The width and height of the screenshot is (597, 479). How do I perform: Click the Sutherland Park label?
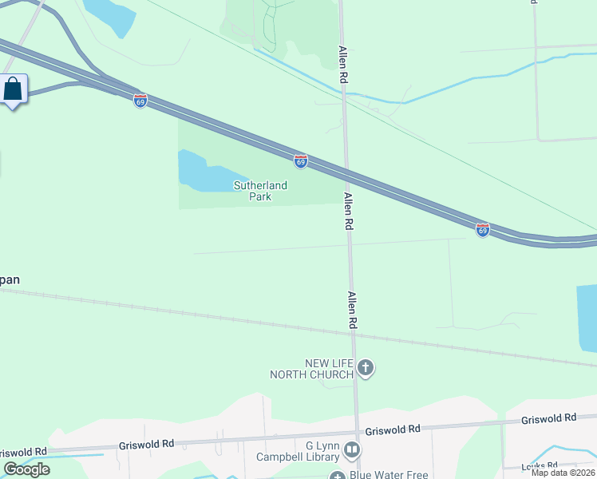pyautogui.click(x=260, y=192)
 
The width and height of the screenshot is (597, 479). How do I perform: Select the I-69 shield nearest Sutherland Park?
pyautogui.click(x=300, y=161)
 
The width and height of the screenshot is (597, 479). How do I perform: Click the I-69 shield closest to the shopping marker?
pyautogui.click(x=140, y=101)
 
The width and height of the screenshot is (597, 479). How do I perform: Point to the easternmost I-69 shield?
pyautogui.click(x=482, y=230)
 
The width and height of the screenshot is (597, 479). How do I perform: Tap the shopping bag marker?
pyautogui.click(x=14, y=89)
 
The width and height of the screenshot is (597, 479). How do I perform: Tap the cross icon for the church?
pyautogui.click(x=366, y=368)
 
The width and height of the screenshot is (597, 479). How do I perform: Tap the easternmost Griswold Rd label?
pyautogui.click(x=548, y=418)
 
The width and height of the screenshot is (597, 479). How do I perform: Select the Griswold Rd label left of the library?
pyautogui.click(x=146, y=444)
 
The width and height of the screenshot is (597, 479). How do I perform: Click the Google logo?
pyautogui.click(x=26, y=469)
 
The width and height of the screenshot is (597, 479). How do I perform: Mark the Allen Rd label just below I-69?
pyautogui.click(x=348, y=212)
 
